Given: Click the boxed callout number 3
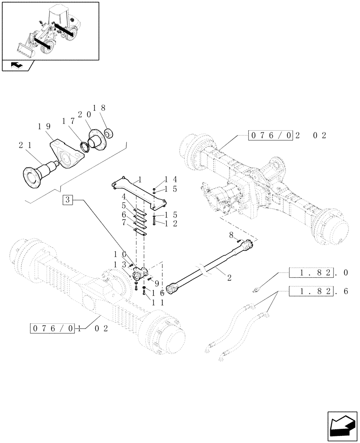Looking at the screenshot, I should (x=67, y=200).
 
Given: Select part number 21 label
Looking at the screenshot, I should (x=25, y=145).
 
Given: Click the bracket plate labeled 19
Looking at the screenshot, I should (x=68, y=152).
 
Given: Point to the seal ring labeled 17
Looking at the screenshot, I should (x=84, y=146).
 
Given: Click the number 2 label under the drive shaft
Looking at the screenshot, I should (x=229, y=278).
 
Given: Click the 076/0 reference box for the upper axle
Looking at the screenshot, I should (x=270, y=136).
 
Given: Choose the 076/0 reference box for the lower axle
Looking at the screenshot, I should (x=53, y=328).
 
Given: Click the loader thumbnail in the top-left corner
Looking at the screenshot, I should (x=50, y=30).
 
